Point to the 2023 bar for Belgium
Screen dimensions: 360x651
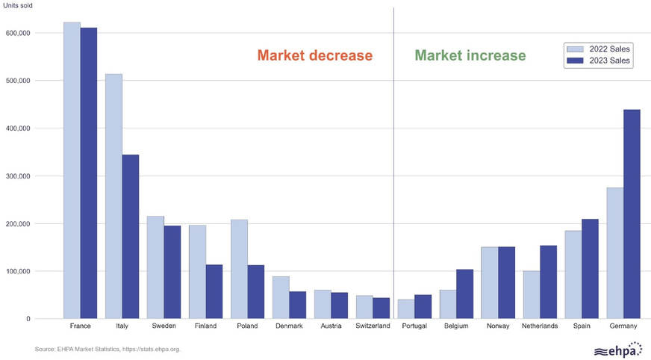[465, 294]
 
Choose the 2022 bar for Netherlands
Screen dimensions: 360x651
[532, 295]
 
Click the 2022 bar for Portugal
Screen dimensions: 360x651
[406, 309]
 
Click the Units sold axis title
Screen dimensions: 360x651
[17, 7]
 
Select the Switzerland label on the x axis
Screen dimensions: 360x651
[372, 327]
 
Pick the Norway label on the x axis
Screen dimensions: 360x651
[498, 327]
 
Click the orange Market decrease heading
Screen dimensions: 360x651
[314, 55]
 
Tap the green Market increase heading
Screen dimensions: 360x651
[470, 55]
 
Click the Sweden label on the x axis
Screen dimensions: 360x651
[163, 327]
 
